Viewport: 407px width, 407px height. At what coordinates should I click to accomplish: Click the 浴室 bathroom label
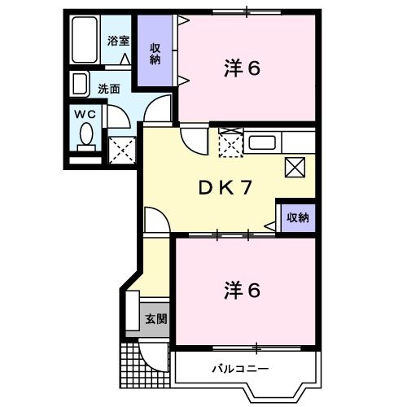[x=118, y=41]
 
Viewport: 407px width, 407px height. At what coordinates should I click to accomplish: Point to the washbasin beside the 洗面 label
[x=80, y=83]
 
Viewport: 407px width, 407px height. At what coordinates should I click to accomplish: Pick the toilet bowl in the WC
[x=86, y=135]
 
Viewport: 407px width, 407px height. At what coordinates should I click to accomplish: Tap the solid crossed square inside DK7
[x=295, y=167]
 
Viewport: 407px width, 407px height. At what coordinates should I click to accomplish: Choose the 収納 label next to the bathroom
[x=155, y=52]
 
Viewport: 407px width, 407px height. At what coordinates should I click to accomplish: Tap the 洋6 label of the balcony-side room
[x=241, y=288]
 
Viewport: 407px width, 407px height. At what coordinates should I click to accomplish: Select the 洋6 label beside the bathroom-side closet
[x=242, y=68]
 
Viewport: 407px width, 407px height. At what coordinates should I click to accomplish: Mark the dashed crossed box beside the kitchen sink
[x=231, y=145]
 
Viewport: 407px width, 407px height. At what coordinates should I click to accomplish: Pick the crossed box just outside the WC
[x=122, y=149]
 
